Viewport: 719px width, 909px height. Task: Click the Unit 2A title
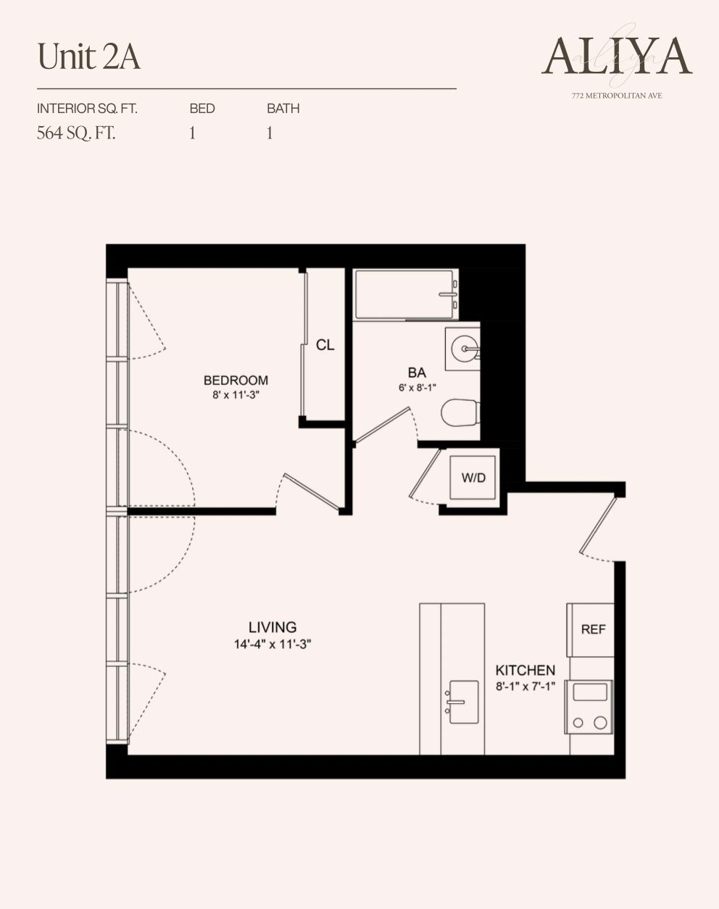pos(88,57)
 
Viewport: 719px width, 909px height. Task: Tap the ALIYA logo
pos(617,56)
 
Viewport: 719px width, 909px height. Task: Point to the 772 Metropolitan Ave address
pos(616,96)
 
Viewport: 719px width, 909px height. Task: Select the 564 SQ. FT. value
pos(76,133)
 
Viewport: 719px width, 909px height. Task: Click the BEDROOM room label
pos(236,380)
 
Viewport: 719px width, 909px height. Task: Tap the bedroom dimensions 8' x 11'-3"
pos(236,395)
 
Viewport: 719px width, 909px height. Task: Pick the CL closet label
pos(325,345)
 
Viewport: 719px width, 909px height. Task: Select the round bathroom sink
pos(463,349)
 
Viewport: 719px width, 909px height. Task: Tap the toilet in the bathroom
pos(460,413)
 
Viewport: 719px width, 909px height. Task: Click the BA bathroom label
pos(417,373)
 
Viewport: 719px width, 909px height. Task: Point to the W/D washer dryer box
pos(473,478)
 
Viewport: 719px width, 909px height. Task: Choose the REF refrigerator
pos(592,629)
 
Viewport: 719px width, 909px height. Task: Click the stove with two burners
pos(590,707)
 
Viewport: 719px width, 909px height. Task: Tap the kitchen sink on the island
pos(463,702)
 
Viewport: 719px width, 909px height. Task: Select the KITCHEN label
pos(525,671)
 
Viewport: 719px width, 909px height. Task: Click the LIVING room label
pos(273,627)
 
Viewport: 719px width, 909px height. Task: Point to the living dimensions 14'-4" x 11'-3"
pos(273,644)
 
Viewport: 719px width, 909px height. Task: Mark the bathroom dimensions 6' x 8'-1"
pos(417,388)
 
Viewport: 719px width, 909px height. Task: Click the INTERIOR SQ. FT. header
pos(87,109)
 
